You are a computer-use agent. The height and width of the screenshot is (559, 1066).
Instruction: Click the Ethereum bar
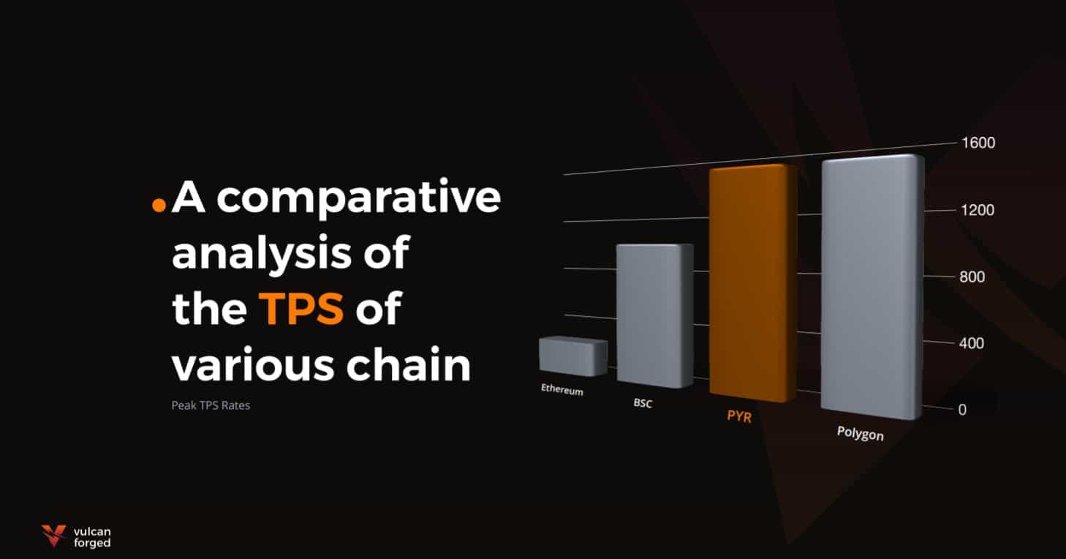[573, 356]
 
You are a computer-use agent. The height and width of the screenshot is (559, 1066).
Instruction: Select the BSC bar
[655, 315]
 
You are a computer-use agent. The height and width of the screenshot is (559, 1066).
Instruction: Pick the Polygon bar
[872, 287]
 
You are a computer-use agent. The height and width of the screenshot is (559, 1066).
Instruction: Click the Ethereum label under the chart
[562, 389]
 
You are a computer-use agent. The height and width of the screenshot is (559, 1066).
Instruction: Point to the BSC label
[643, 403]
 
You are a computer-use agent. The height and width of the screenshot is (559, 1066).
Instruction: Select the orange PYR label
[739, 416]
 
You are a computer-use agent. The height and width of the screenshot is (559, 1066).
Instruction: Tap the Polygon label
[861, 433]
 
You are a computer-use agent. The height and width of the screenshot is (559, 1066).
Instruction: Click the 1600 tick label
[978, 143]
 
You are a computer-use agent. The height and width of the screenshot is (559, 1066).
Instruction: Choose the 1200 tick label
[978, 210]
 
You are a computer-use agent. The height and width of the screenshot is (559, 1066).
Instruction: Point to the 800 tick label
[972, 277]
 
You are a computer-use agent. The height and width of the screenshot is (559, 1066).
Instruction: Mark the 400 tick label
[971, 343]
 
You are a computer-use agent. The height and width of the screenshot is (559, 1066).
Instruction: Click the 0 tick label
[962, 410]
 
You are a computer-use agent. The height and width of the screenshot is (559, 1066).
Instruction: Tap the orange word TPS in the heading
[300, 309]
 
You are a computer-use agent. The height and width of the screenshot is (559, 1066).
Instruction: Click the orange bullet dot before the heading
[159, 205]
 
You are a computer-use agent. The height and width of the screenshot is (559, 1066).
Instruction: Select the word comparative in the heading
[359, 199]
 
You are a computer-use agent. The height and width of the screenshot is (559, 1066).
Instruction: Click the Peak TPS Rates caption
[211, 405]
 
